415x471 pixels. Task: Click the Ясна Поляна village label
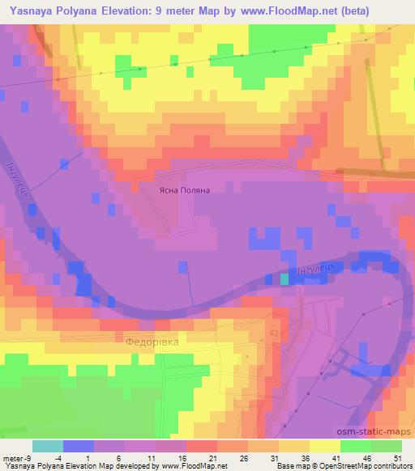coord(185,190)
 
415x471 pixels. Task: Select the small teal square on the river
coord(284,278)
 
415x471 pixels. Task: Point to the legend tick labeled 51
coord(396,458)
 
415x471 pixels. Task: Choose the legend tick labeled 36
coord(304,458)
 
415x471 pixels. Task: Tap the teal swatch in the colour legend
coord(47,446)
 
